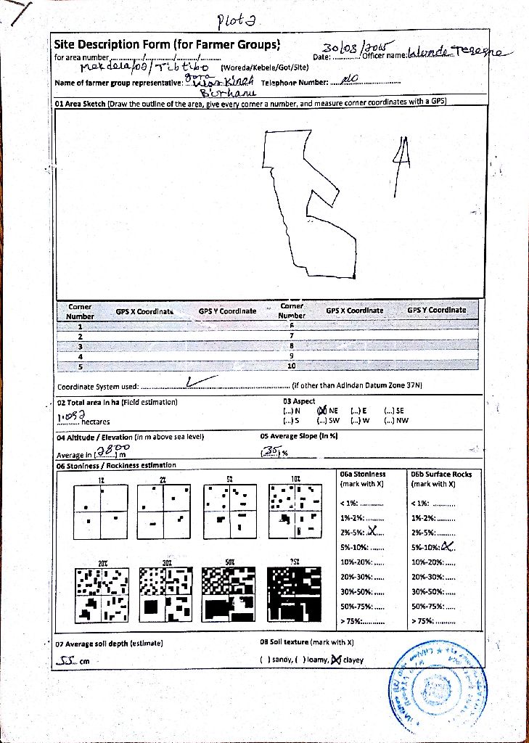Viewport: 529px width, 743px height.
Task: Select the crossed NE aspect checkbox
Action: [323, 411]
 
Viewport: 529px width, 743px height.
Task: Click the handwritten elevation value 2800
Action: [109, 451]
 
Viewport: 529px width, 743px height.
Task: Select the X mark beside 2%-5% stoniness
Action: [373, 531]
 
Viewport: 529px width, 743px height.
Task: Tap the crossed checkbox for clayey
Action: [336, 660]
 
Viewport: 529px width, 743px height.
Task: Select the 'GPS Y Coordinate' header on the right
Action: [436, 311]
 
